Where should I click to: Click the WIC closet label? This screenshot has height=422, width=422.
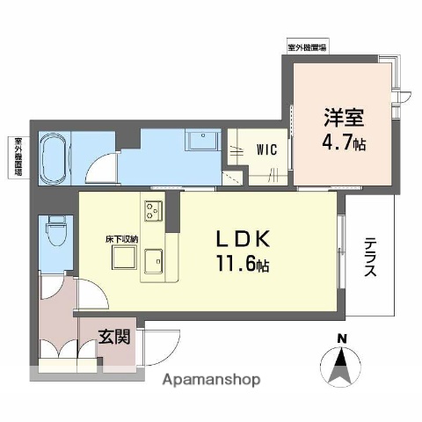coord(267,149)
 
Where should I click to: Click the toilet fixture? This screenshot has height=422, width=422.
coord(56,233)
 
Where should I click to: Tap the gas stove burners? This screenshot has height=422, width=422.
coord(152,212)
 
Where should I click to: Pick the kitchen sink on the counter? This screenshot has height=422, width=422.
coord(155,261)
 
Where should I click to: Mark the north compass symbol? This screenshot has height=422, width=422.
coord(343,365)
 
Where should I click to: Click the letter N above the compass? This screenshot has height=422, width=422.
coord(343,340)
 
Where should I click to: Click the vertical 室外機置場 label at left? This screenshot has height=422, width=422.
coord(17,156)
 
